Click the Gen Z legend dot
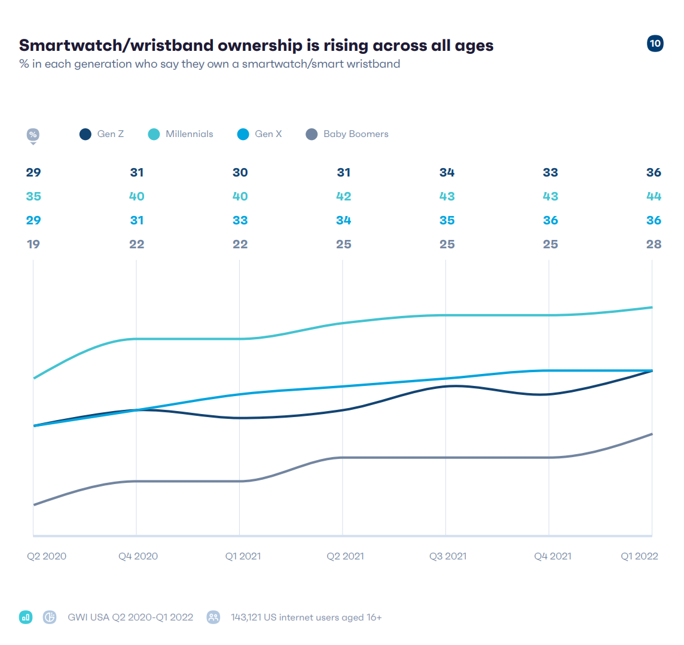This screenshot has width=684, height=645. pyautogui.click(x=85, y=134)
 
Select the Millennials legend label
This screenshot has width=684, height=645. pyautogui.click(x=189, y=134)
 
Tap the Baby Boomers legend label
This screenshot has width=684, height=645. pyautogui.click(x=356, y=134)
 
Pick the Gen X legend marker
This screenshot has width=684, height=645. pyautogui.click(x=243, y=134)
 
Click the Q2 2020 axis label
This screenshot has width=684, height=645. pyautogui.click(x=47, y=556)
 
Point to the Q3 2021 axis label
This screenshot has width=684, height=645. pyautogui.click(x=448, y=556)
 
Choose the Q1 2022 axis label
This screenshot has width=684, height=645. pyautogui.click(x=639, y=556)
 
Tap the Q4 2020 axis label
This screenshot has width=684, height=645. pyautogui.click(x=138, y=556)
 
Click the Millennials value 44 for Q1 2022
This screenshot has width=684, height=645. pyautogui.click(x=654, y=196)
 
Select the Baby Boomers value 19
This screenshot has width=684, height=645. pyautogui.click(x=33, y=244)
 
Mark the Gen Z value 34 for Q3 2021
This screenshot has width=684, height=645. pyautogui.click(x=447, y=172)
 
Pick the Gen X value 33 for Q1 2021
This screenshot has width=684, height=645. pyautogui.click(x=240, y=220)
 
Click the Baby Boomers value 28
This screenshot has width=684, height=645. pyautogui.click(x=654, y=244)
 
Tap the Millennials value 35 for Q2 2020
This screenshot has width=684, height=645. pyautogui.click(x=33, y=196)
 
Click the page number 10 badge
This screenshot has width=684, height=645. pyautogui.click(x=655, y=43)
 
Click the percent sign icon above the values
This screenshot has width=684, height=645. pyautogui.click(x=33, y=135)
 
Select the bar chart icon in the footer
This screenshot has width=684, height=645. pyautogui.click(x=26, y=617)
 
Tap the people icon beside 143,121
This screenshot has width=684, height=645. pyautogui.click(x=213, y=617)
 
